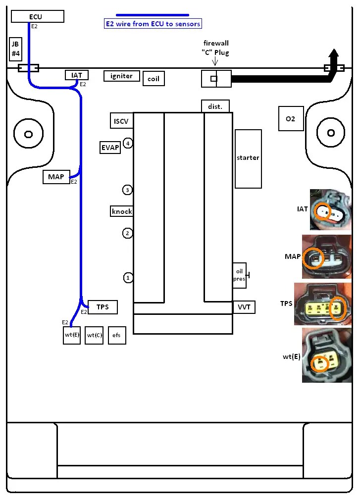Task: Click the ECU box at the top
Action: [38, 17]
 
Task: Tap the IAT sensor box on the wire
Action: [77, 75]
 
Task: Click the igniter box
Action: [121, 76]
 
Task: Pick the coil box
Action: [154, 79]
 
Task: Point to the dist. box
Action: [215, 106]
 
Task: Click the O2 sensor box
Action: [291, 119]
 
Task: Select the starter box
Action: [248, 158]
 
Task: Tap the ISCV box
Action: [121, 121]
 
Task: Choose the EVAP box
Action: [110, 148]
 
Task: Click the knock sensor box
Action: [121, 211]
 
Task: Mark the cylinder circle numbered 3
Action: [127, 190]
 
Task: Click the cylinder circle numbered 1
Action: [128, 278]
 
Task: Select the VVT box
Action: [244, 307]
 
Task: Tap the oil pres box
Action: [239, 275]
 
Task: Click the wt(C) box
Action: [94, 335]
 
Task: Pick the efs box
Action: [116, 335]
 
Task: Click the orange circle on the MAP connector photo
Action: [313, 257]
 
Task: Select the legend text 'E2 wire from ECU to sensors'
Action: [153, 24]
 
